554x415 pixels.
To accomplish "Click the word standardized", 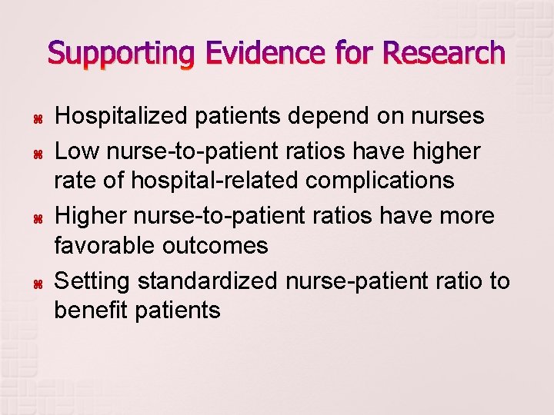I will (x=208, y=281).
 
